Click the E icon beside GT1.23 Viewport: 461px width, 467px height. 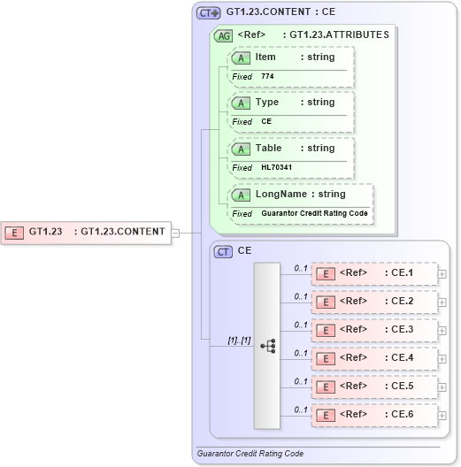coord(14,233)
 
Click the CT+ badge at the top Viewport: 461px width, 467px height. coord(208,13)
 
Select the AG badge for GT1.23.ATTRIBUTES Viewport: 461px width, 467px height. coord(223,35)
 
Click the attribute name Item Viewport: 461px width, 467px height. coord(265,57)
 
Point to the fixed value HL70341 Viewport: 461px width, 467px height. coord(277,167)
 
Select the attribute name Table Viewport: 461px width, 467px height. coord(268,148)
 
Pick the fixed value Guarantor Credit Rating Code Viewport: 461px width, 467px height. coord(314,213)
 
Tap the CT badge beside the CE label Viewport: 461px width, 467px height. coord(224,251)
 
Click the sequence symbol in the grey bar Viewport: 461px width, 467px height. coord(267,346)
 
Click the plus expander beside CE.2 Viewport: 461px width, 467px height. coord(442,302)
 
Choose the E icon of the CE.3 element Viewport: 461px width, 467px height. coord(326,330)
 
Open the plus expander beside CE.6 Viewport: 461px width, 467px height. coord(442,415)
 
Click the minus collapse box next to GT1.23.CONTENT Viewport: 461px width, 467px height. coord(175,233)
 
